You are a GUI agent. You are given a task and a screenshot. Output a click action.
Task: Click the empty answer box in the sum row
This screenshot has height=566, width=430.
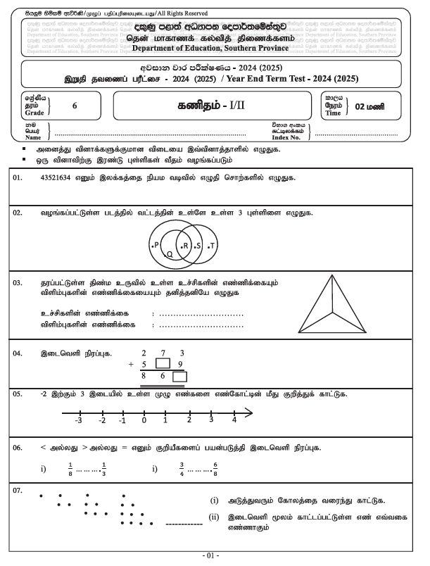tap(179, 377)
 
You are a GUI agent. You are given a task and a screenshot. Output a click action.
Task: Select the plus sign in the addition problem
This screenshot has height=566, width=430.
tap(130, 365)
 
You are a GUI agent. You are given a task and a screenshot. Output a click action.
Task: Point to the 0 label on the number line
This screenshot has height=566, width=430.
tap(144, 420)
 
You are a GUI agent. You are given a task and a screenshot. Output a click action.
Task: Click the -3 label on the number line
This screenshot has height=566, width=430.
tap(80, 420)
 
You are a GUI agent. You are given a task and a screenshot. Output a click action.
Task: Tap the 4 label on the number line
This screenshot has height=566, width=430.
tap(234, 420)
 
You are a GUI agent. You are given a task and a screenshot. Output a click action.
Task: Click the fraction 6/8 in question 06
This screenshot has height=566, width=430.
tap(215, 469)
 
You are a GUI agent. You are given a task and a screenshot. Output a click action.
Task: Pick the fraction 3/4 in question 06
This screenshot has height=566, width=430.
tap(182, 469)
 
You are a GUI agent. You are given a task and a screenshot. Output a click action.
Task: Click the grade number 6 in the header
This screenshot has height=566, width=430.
tap(75, 105)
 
